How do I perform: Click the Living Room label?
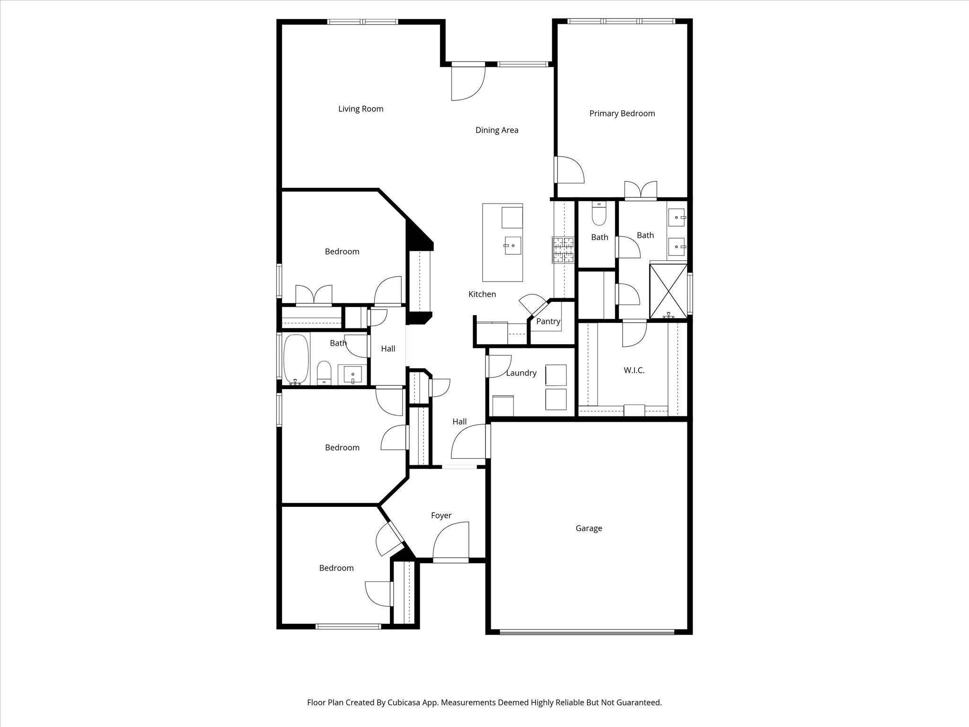pyautogui.click(x=361, y=109)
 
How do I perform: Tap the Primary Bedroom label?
pyautogui.click(x=622, y=114)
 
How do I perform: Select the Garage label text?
pyautogui.click(x=589, y=528)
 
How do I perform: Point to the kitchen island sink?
pyautogui.click(x=512, y=246)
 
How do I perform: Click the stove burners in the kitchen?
pyautogui.click(x=563, y=249)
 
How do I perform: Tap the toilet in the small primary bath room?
pyautogui.click(x=599, y=216)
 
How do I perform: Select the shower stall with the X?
pyautogui.click(x=668, y=291)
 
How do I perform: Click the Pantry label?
pyautogui.click(x=548, y=321)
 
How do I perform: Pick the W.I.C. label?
pyautogui.click(x=634, y=371)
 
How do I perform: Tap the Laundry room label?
pyautogui.click(x=521, y=373)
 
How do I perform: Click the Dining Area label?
pyautogui.click(x=497, y=130)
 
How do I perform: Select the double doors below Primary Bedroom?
pyautogui.click(x=641, y=191)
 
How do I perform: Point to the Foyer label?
pyautogui.click(x=441, y=515)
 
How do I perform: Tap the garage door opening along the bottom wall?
pyautogui.click(x=587, y=631)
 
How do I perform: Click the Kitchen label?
pyautogui.click(x=482, y=294)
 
